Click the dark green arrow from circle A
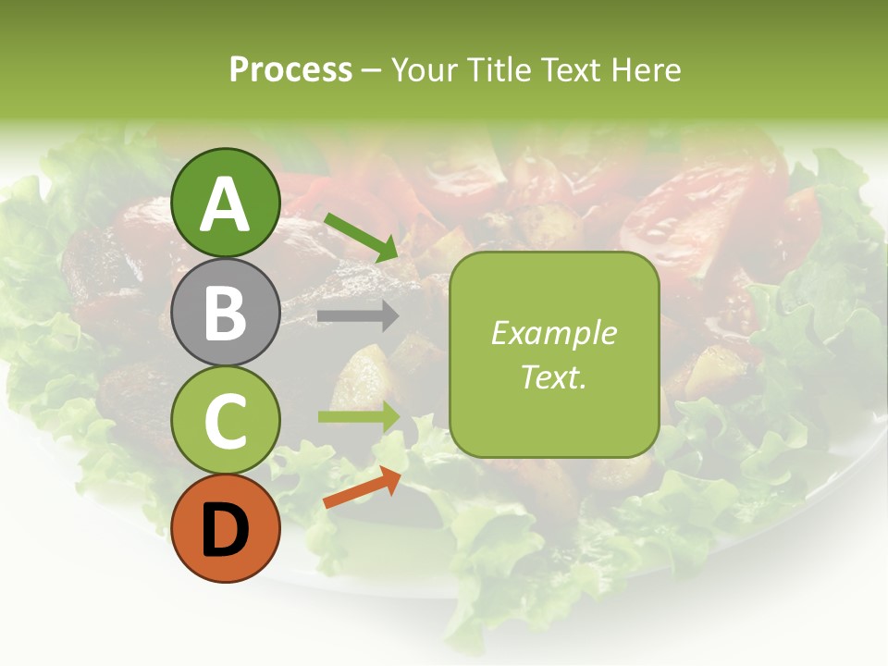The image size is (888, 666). tap(362, 237)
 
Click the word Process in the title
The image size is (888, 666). tap(290, 70)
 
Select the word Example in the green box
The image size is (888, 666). tap(554, 333)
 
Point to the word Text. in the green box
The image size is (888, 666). tap(554, 376)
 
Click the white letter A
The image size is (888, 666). tap(226, 205)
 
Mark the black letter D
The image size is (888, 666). tap(226, 531)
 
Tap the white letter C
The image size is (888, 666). tap(226, 422)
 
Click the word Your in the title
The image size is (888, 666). tap(424, 70)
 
